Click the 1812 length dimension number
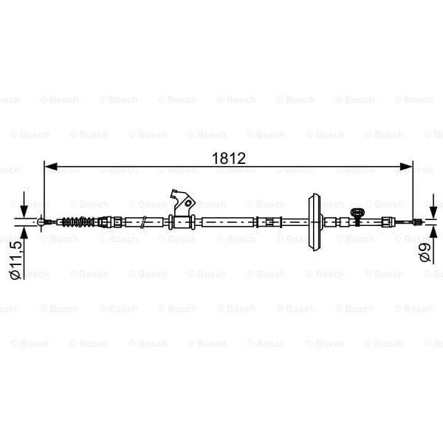[x=227, y=159]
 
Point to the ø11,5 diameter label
[x=15, y=259]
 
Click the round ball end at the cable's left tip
[x=42, y=221]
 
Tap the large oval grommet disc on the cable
[x=315, y=221]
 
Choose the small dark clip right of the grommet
[x=358, y=216]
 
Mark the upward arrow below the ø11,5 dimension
[x=24, y=234]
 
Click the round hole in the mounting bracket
[x=188, y=202]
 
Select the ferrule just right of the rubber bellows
[x=106, y=221]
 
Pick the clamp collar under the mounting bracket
[x=181, y=221]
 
